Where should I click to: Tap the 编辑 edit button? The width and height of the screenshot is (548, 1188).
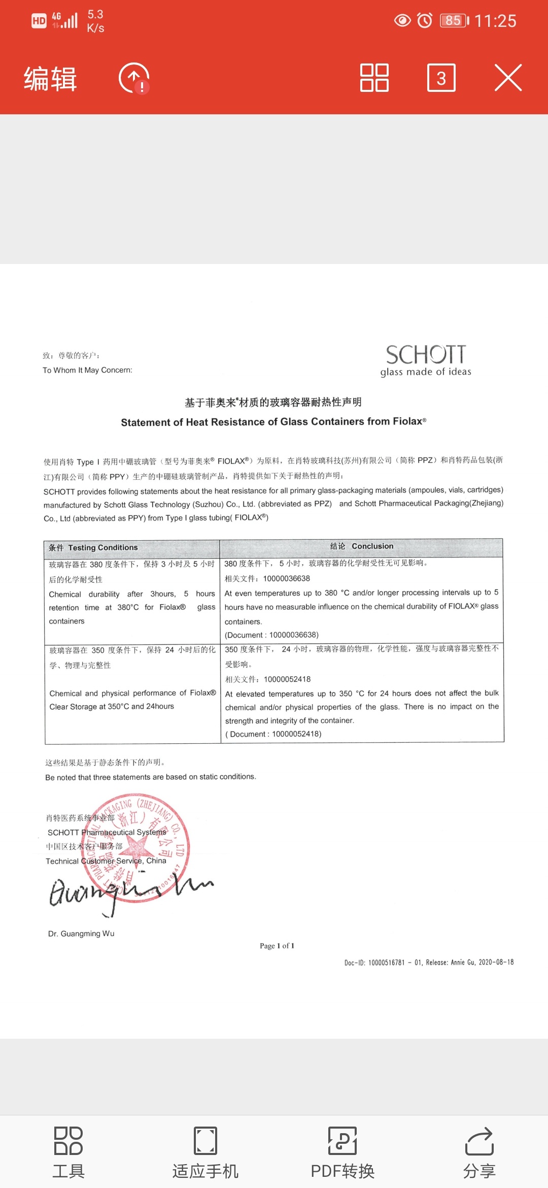click(50, 79)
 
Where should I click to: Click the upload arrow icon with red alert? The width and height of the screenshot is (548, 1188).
click(134, 78)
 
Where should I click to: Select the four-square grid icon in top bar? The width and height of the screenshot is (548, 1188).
click(374, 78)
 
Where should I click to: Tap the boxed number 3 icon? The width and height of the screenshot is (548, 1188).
click(441, 78)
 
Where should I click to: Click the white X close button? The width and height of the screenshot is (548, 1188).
click(508, 78)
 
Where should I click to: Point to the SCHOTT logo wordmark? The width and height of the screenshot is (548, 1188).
click(426, 355)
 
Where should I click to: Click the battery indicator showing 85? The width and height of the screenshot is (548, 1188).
click(453, 21)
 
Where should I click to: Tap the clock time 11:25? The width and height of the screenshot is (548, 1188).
click(495, 21)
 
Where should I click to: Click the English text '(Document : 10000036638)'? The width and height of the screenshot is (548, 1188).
click(272, 635)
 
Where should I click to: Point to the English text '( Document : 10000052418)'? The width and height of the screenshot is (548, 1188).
click(273, 734)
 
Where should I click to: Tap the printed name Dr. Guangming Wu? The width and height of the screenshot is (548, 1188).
click(81, 934)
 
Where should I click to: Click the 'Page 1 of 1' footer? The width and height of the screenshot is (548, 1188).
click(277, 946)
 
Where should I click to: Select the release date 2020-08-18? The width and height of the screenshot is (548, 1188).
click(496, 962)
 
